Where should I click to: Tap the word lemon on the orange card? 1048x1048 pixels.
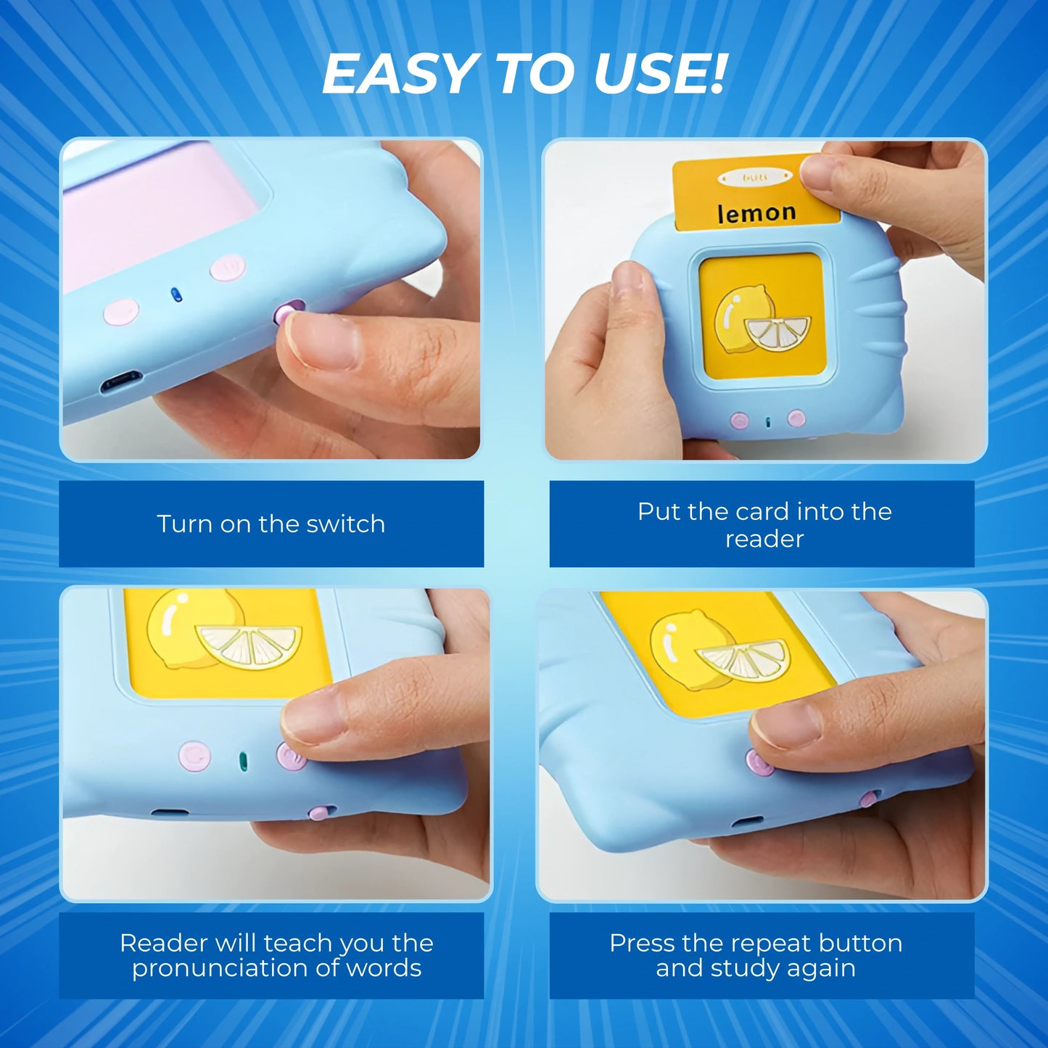point(756,213)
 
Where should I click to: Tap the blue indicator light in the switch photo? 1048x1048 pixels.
point(175,294)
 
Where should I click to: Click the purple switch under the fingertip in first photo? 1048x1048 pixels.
point(286,313)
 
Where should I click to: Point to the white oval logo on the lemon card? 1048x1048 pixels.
point(755,177)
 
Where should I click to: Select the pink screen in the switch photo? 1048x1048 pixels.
point(157,210)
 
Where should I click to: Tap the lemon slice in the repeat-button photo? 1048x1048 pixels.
point(742,661)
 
